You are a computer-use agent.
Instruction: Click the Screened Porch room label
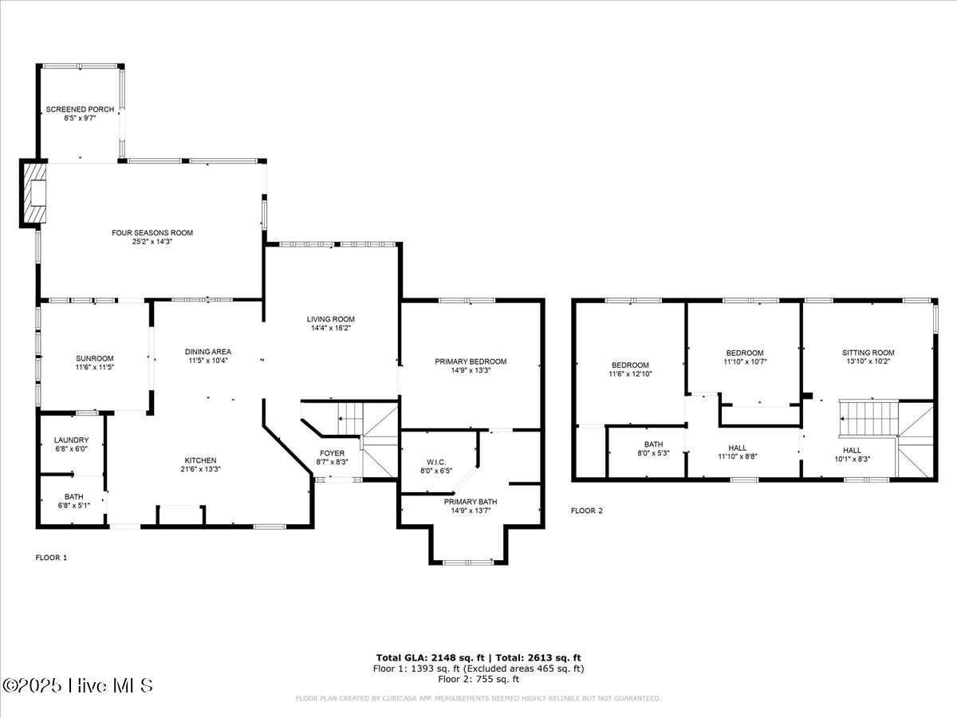tap(80, 109)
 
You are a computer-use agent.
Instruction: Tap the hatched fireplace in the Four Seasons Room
tap(35, 192)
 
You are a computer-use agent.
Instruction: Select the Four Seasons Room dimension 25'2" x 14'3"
tap(152, 242)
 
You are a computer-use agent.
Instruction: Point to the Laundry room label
tap(71, 440)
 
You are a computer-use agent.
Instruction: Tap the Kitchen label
tap(200, 460)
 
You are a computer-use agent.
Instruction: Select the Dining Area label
tap(207, 352)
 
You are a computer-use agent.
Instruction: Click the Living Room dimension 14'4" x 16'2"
tap(330, 328)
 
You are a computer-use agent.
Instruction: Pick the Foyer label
tap(331, 453)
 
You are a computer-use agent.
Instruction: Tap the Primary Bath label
tap(471, 502)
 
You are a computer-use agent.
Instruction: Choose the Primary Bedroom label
tap(471, 361)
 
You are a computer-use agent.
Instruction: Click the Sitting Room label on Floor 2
tap(868, 353)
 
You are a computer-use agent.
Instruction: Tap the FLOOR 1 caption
tap(51, 558)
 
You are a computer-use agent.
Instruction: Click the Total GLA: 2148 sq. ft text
tap(428, 657)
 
